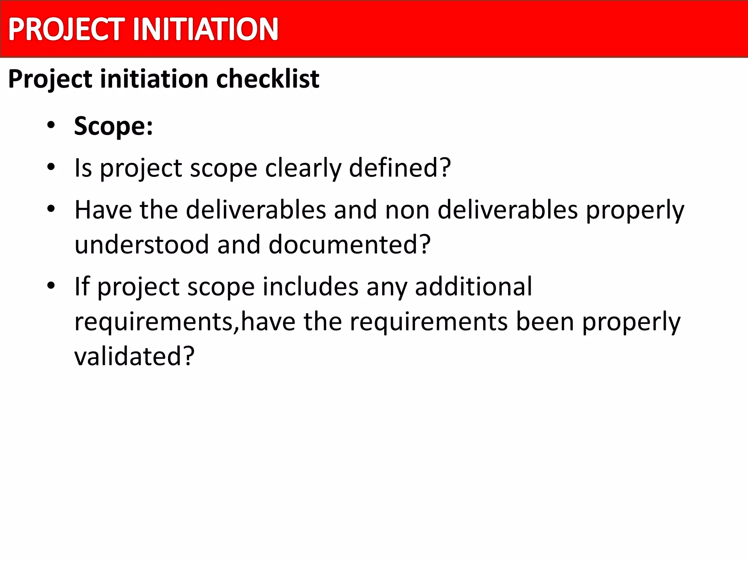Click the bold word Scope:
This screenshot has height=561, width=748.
click(x=114, y=126)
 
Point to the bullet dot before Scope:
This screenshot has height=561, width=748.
click(x=51, y=125)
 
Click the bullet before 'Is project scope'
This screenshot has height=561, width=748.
click(x=51, y=167)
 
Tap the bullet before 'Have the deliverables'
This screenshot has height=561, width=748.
click(x=51, y=209)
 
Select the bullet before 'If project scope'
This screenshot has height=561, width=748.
click(x=51, y=286)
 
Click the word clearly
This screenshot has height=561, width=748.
click(x=303, y=168)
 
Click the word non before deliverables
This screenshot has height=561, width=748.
click(x=407, y=210)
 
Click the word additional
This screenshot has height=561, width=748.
click(x=473, y=287)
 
